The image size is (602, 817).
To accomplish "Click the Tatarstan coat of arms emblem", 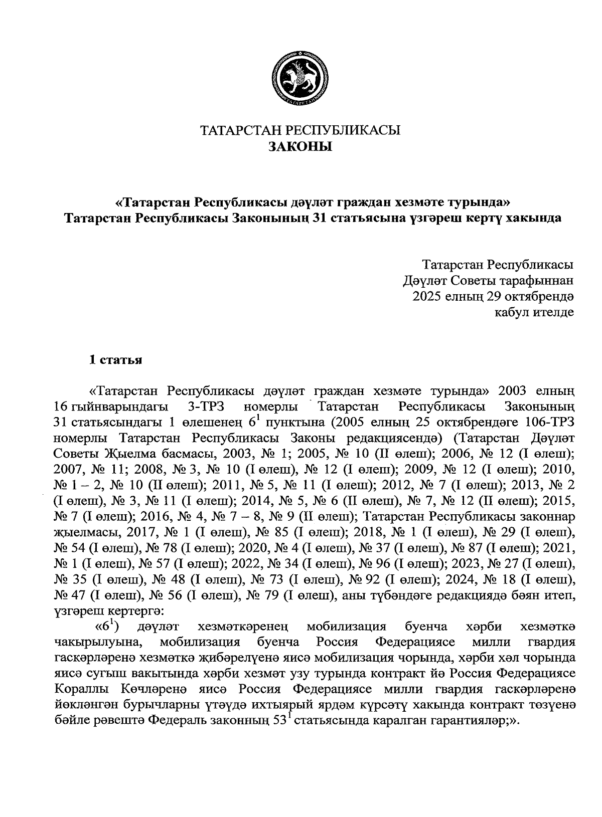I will pos(300,78).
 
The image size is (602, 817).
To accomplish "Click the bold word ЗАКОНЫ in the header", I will pos(300,147).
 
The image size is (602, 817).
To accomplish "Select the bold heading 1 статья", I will pos(115,360).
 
